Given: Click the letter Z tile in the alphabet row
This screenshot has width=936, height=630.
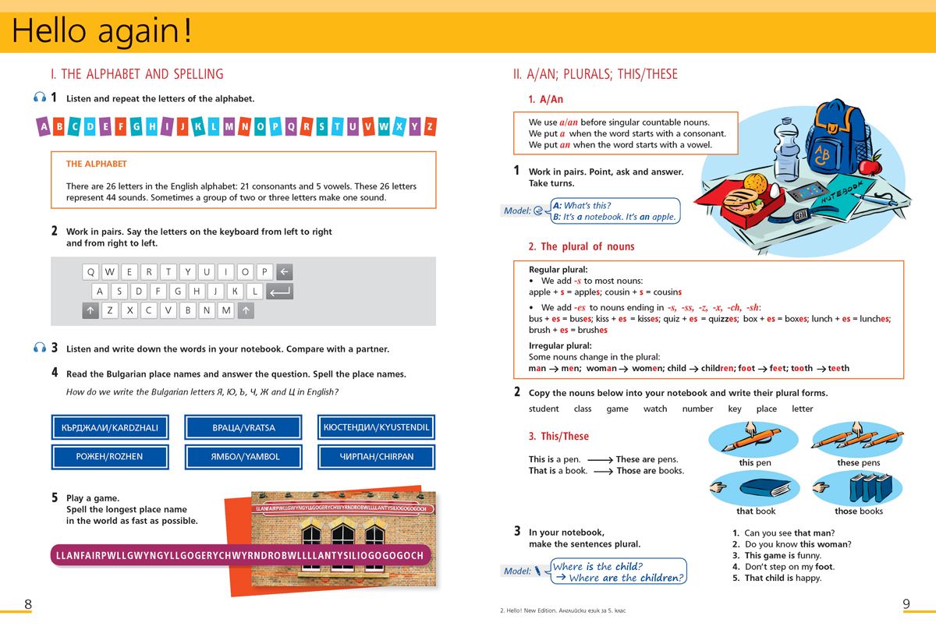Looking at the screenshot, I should click(x=430, y=126).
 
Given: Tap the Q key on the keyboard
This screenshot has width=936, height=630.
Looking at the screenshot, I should click(x=90, y=272).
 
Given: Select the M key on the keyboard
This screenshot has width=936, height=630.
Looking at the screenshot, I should click(x=226, y=310).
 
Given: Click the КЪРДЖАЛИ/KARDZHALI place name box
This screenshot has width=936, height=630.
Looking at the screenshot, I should click(x=110, y=428).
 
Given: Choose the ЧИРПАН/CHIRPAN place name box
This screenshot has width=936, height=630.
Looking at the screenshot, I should click(x=377, y=457).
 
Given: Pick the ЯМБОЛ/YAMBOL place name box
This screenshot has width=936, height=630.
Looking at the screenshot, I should click(x=243, y=457).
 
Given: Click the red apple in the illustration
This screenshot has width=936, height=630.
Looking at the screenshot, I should click(x=870, y=165).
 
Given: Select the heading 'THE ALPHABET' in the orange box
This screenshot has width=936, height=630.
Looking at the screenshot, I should click(x=97, y=165).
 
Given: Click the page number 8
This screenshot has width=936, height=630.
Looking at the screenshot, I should click(x=28, y=604).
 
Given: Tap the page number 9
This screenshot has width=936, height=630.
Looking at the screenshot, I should click(x=906, y=604).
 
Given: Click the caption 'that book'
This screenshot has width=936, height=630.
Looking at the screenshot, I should click(x=756, y=511).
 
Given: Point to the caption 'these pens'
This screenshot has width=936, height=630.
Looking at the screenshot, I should click(x=858, y=463).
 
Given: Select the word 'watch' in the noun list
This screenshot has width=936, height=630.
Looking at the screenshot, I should click(x=655, y=409).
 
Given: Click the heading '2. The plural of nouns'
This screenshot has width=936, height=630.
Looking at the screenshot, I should click(x=581, y=247).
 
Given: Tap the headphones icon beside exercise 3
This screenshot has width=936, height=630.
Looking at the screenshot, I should click(x=40, y=348).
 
